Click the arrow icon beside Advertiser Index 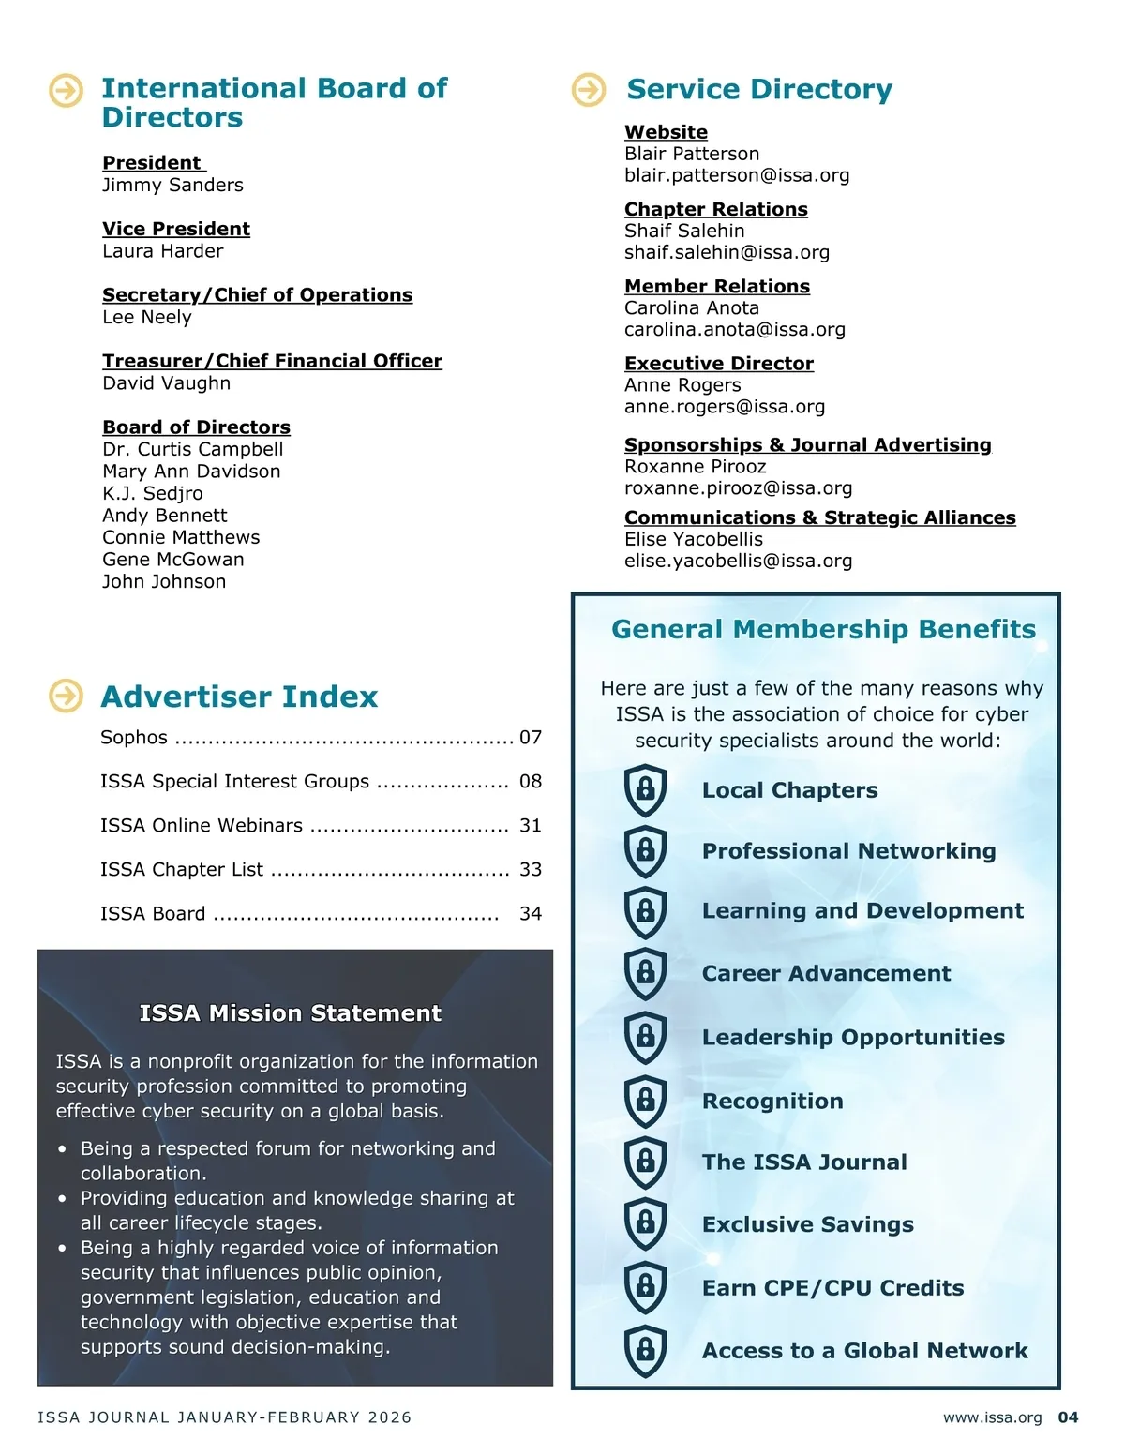click(x=66, y=696)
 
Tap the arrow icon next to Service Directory click(x=589, y=90)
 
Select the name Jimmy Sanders click(x=172, y=185)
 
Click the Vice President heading click(x=176, y=229)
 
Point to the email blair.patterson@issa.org click(x=737, y=175)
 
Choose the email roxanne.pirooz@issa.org click(x=738, y=488)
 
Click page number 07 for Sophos click(x=531, y=738)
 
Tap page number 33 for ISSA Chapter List click(x=531, y=870)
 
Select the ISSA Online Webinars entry click(x=202, y=826)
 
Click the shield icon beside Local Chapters click(x=645, y=789)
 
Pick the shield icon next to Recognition click(x=645, y=1101)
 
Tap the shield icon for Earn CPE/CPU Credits click(x=645, y=1287)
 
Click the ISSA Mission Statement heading click(x=290, y=1013)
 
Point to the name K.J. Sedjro click(x=153, y=493)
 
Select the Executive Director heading click(x=719, y=364)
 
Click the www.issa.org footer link click(x=992, y=1417)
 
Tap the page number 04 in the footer click(x=1068, y=1417)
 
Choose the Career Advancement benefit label click(x=826, y=974)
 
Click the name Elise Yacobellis click(x=694, y=539)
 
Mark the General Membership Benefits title click(x=823, y=629)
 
